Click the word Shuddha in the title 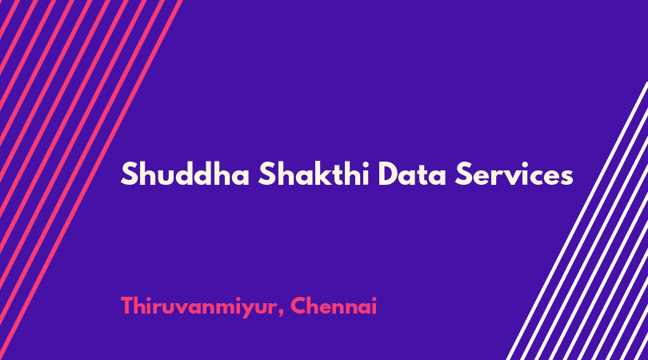point(185,174)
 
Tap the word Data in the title point(412,174)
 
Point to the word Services point(514,174)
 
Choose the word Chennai point(334,306)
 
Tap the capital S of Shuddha point(129,174)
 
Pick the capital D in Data point(389,174)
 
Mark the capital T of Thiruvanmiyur point(128,306)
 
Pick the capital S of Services point(463,174)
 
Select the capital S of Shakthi point(266,174)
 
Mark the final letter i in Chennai point(374,306)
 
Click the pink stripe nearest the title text point(91,180)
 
